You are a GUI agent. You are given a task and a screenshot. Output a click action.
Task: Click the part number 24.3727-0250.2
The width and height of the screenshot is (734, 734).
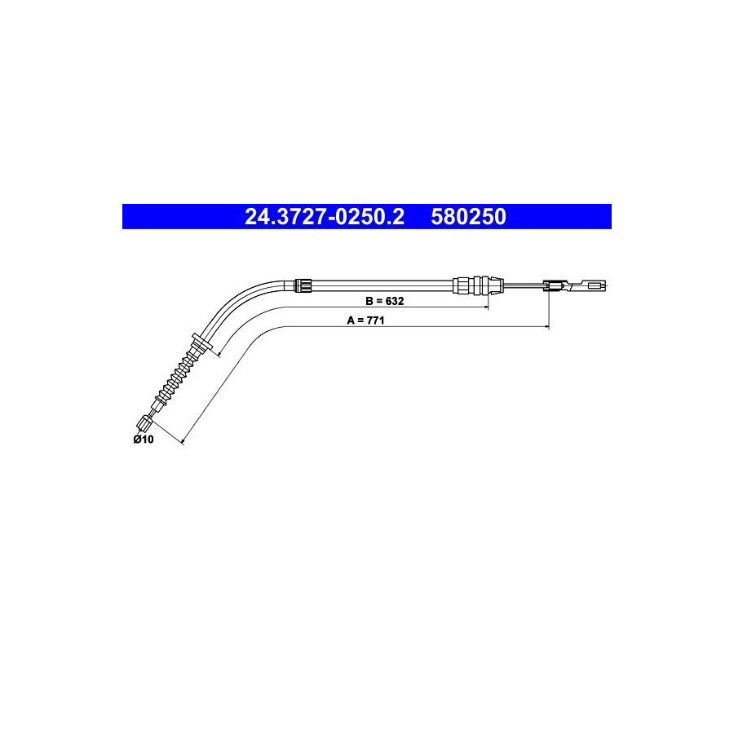pyautogui.click(x=325, y=217)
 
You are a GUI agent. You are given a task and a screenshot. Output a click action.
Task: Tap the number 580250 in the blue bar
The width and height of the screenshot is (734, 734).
pyautogui.click(x=469, y=217)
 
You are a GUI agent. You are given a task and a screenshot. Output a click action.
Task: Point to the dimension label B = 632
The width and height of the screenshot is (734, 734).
pyautogui.click(x=384, y=301)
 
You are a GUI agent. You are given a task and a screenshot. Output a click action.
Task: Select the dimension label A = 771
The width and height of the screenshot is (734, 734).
pyautogui.click(x=365, y=321)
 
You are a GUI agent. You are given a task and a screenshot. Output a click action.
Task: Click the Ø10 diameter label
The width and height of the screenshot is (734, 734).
pyautogui.click(x=144, y=439)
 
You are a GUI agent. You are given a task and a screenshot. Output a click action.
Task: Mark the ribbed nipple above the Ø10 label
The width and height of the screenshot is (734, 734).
pyautogui.click(x=144, y=423)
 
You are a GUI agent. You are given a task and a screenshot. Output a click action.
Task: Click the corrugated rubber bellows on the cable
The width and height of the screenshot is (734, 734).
pyautogui.click(x=178, y=378)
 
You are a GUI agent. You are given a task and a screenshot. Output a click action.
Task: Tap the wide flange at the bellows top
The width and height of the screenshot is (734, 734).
pyautogui.click(x=202, y=341)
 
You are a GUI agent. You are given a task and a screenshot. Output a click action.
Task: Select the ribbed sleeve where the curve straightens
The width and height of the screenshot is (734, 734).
pyautogui.click(x=303, y=285)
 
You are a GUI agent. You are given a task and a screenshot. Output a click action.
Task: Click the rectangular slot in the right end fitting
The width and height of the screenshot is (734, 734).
pyautogui.click(x=596, y=284)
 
